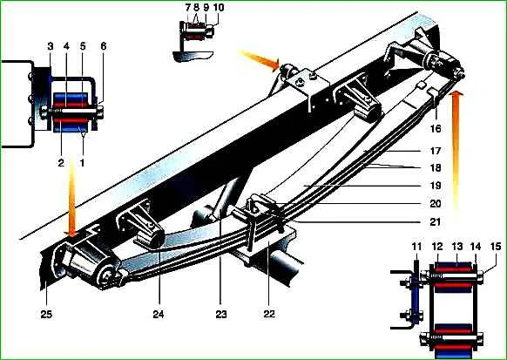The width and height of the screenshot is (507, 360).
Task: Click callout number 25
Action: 46,314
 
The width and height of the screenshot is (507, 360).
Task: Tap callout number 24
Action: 159,314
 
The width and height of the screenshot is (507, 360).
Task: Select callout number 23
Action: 221,314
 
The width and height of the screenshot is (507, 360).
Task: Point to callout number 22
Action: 269,314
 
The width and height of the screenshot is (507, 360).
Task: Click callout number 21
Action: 436,222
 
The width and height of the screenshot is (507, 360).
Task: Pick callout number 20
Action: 436,204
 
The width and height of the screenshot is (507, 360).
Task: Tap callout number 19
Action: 436,186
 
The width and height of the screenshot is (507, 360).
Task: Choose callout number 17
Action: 436,151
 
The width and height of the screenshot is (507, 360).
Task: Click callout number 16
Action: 436,128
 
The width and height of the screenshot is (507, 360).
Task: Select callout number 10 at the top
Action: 219,8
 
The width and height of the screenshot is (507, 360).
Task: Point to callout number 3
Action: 51,46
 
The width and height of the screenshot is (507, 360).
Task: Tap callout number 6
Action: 103,46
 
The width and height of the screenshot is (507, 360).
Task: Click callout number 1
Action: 82,163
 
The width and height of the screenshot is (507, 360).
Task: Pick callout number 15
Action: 496,247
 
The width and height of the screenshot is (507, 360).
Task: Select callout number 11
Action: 416,247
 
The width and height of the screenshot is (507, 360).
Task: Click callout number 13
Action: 457,247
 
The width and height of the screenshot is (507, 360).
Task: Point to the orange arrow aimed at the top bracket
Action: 259,58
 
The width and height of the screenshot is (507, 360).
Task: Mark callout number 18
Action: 436,168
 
